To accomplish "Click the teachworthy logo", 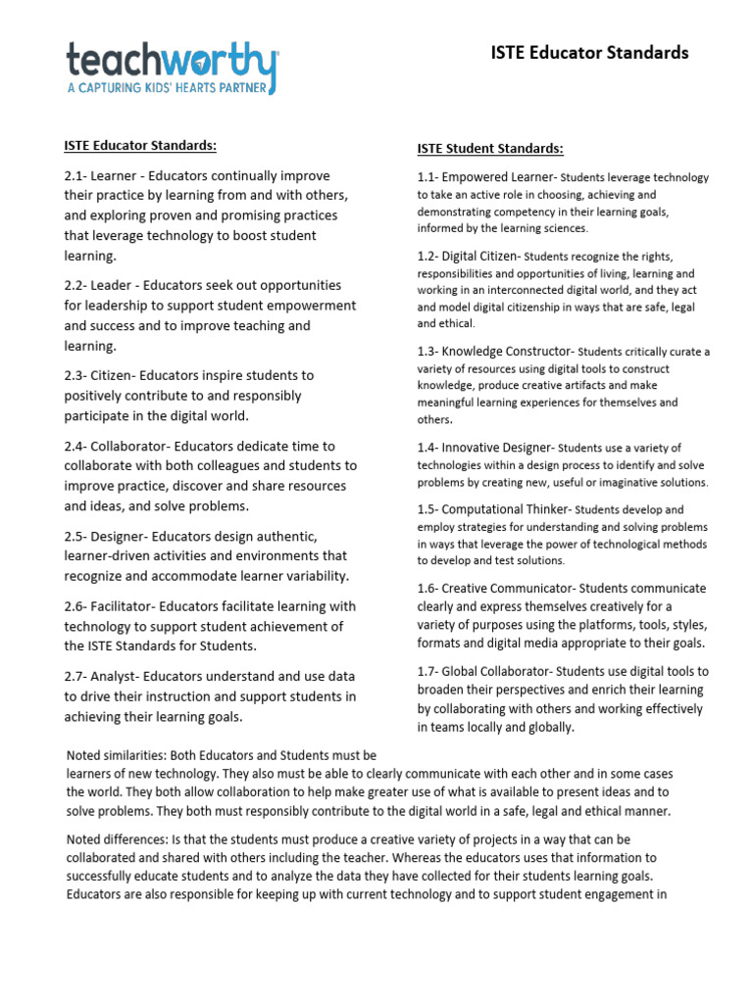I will point(172,61).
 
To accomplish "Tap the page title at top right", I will point(589,53).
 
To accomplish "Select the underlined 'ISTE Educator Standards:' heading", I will point(140,146).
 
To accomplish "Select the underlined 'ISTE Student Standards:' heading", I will point(490,149).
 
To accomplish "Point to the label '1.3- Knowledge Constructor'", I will point(495,351).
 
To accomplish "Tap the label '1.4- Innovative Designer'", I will point(485,447).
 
